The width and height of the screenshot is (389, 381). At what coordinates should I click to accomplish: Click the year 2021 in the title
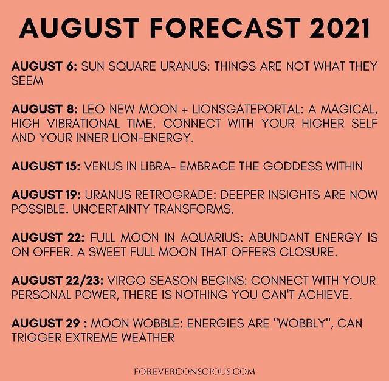[x=340, y=28]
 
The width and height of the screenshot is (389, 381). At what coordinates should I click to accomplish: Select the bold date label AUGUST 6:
[x=44, y=66]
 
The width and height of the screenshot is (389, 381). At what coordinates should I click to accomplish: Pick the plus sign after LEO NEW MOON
[x=185, y=110]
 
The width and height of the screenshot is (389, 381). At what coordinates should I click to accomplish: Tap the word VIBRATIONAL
[x=83, y=124]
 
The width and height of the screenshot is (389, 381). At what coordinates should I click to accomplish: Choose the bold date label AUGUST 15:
[x=46, y=166]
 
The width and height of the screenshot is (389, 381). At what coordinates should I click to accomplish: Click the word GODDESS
[x=292, y=166]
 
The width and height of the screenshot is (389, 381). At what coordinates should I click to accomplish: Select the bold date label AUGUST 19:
[x=46, y=195]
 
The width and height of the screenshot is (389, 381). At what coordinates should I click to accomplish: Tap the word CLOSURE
[x=308, y=252]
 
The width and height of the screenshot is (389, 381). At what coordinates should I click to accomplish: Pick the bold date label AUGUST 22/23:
[x=58, y=281]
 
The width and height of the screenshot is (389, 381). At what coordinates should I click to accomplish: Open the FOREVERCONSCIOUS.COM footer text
[x=194, y=372]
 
